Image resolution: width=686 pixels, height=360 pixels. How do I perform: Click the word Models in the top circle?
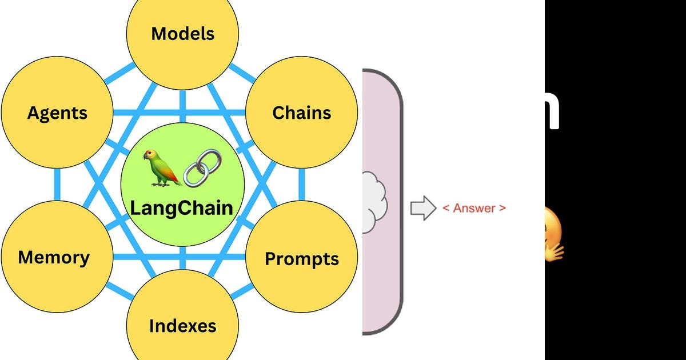pos(182,34)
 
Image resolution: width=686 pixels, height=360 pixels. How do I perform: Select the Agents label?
pos(58,113)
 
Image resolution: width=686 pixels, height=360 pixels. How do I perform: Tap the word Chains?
pos(301,113)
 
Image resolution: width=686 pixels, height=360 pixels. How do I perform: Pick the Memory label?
pos(54,257)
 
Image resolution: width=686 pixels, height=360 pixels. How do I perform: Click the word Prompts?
pos(301,259)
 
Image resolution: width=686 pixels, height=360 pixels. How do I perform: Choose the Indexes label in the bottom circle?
pos(182,326)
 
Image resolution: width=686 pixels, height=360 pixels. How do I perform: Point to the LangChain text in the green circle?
pos(182,207)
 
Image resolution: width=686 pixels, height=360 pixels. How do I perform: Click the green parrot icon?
pos(162,168)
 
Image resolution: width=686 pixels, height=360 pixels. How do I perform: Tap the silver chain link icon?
pos(202,167)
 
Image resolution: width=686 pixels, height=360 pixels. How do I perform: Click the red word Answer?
pos(474,208)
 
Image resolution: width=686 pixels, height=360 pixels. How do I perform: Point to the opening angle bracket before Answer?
pos(446,208)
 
